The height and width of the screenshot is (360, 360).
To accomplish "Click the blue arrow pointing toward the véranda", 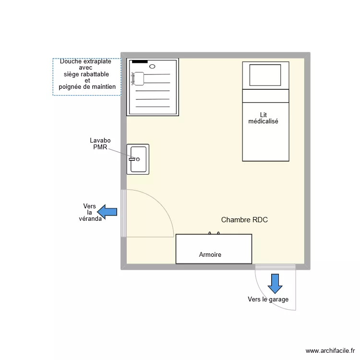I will [108, 211].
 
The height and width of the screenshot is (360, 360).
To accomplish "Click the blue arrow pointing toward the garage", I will [275, 283].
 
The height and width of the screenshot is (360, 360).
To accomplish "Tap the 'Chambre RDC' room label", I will [244, 220].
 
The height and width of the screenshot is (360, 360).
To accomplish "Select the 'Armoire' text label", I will [210, 255].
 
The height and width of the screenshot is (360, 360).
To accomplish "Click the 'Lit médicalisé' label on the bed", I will [263, 118].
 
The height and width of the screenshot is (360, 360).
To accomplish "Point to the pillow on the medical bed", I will [265, 75].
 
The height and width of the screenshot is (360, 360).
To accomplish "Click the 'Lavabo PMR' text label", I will [100, 144].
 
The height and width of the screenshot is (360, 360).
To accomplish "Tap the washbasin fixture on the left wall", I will [138, 159].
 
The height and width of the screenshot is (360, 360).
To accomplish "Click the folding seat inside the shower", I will [138, 78].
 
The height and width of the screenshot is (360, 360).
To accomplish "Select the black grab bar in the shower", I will [140, 62].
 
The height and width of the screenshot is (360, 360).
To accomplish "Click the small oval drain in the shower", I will [153, 66].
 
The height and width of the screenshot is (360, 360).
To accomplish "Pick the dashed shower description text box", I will [87, 76].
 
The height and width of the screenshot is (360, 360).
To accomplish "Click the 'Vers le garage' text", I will [268, 300].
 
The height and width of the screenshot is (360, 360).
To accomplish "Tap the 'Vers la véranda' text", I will [90, 212].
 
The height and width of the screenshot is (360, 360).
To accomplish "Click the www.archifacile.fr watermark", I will [333, 351].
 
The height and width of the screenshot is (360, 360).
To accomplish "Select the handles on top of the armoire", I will [214, 233].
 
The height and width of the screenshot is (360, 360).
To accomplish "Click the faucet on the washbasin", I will [132, 159].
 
